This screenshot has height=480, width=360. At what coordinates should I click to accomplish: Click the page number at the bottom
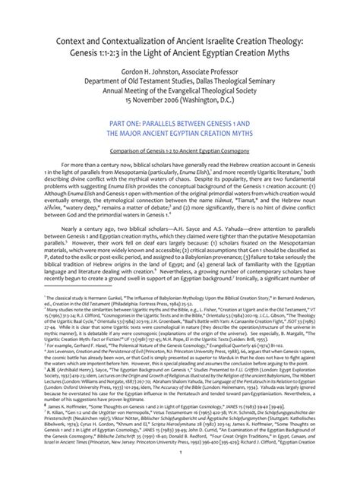[180, 470]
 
